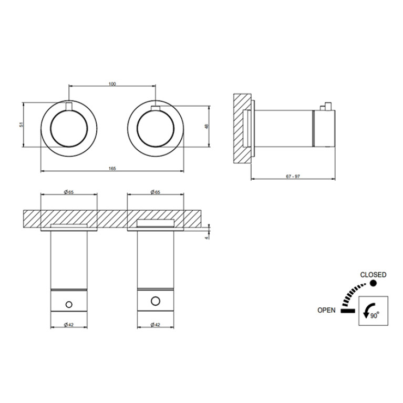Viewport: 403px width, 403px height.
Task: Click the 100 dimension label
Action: tap(112, 84)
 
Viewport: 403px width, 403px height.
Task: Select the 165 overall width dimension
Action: tap(112, 169)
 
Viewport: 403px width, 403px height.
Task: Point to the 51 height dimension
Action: tap(22, 125)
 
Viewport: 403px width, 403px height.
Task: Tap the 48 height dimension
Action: tap(208, 126)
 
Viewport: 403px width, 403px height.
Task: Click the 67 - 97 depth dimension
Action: tap(293, 177)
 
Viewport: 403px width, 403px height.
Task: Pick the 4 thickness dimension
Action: tap(206, 238)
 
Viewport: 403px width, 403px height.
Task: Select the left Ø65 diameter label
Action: tap(69, 192)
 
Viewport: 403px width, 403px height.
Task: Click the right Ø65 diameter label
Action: tap(156, 192)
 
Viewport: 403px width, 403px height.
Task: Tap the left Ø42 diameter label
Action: tap(69, 325)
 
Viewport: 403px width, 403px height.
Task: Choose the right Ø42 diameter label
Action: tap(156, 325)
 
